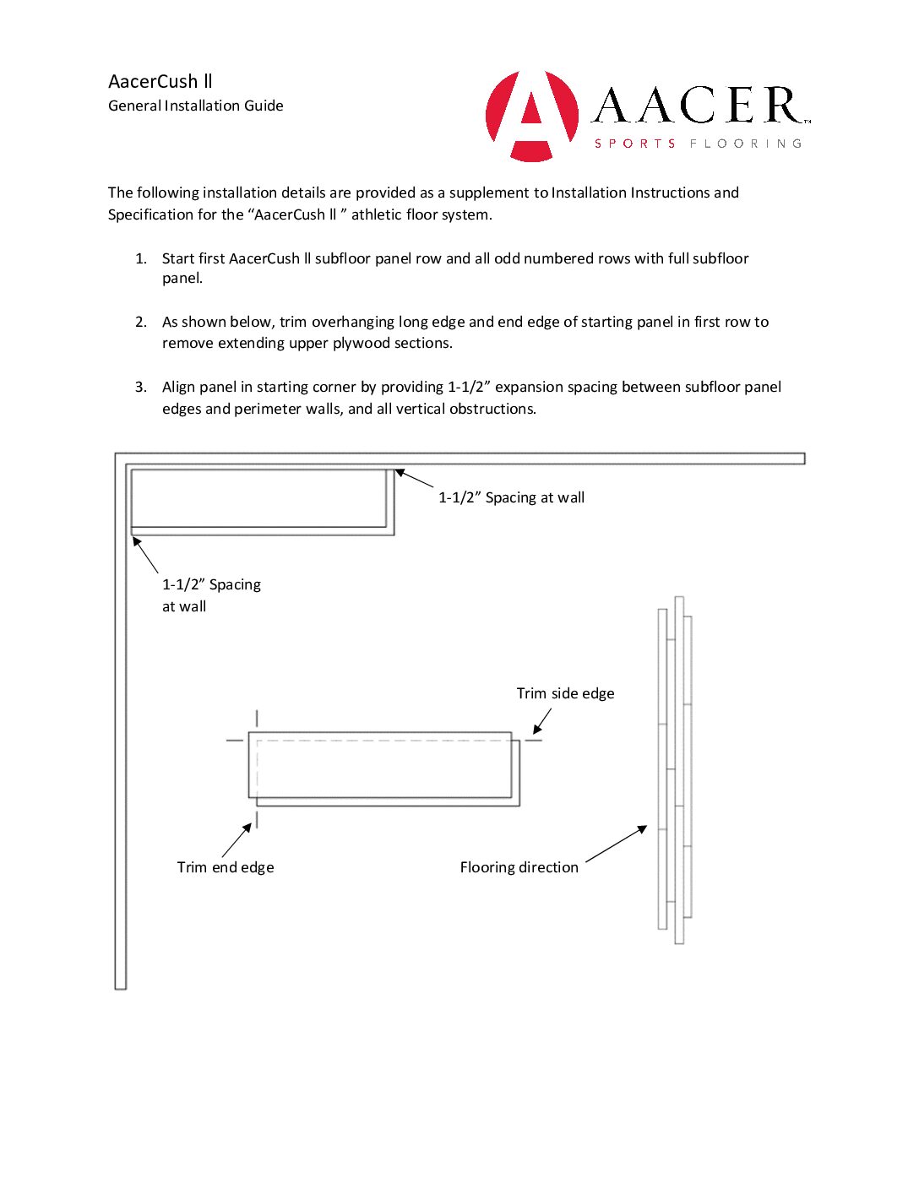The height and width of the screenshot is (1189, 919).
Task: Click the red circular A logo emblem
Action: click(x=531, y=116)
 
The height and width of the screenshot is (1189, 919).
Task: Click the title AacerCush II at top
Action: click(x=160, y=81)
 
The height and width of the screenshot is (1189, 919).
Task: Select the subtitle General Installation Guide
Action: click(x=196, y=106)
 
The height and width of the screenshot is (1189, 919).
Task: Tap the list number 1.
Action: click(x=141, y=258)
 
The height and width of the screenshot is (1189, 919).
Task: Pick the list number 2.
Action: click(x=141, y=322)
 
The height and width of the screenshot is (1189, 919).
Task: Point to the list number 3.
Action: click(x=141, y=387)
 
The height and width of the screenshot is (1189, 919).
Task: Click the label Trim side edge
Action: click(x=565, y=693)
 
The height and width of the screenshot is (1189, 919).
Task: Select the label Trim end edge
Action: click(x=226, y=867)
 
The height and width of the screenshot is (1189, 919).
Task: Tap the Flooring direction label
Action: click(x=519, y=867)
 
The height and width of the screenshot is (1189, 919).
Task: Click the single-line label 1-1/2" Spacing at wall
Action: click(x=511, y=497)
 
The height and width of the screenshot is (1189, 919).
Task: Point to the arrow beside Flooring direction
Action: click(x=616, y=844)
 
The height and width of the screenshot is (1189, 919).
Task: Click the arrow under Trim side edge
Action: click(x=541, y=721)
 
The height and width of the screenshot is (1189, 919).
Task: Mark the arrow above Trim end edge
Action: click(x=237, y=840)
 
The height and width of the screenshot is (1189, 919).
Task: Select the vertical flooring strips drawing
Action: click(x=675, y=770)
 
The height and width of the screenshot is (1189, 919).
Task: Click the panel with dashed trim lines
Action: click(x=383, y=768)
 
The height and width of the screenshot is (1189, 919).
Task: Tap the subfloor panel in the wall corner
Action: click(x=262, y=502)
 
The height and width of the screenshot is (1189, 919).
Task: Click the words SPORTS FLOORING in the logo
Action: click(x=698, y=144)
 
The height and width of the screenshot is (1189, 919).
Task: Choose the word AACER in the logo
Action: click(x=698, y=106)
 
